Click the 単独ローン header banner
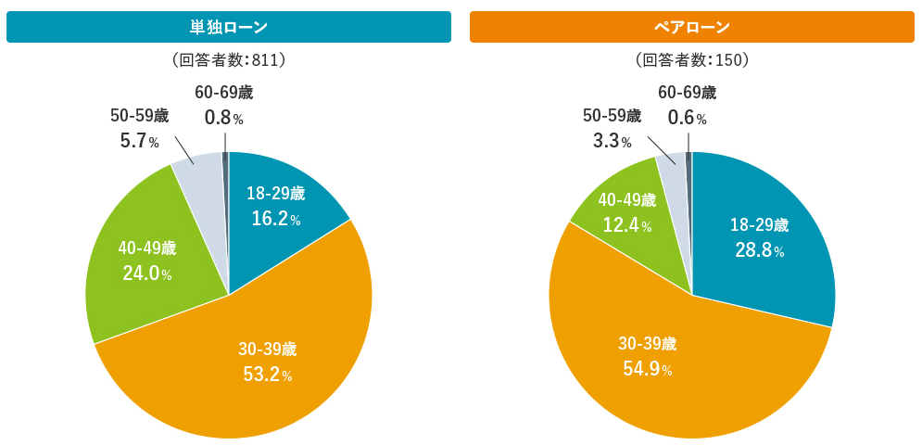coord(228,27)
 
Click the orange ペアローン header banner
coord(691,27)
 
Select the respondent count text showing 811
coord(228,60)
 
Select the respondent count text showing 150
coord(691,60)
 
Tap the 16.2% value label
coord(275,219)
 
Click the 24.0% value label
coord(146,273)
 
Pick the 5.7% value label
coord(139,141)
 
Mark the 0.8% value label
coord(223,118)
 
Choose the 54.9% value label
coord(647,369)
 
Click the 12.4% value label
coord(626,225)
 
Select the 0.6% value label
coord(687,118)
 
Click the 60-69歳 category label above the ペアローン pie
coord(687,93)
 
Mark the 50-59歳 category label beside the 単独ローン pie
coord(139,116)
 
